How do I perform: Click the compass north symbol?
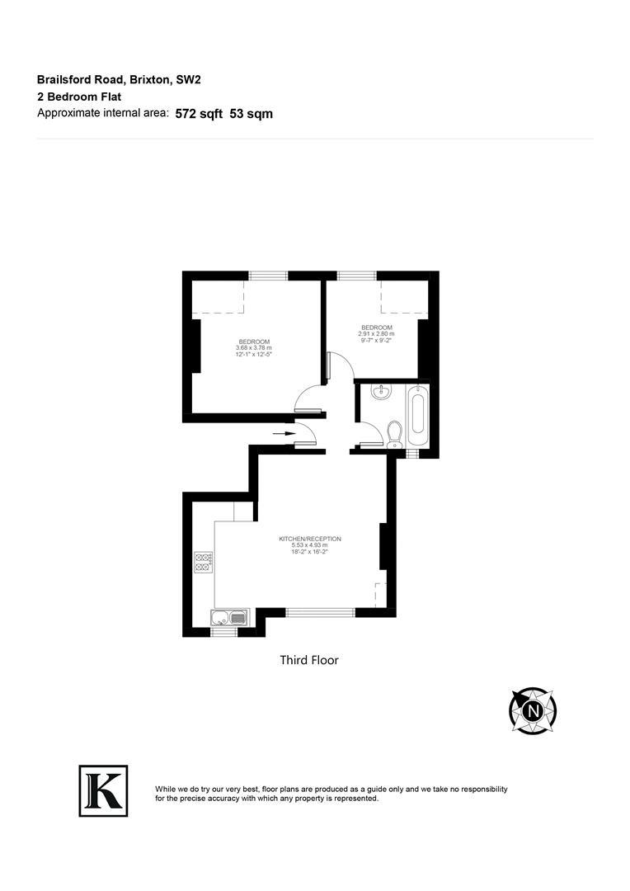(533, 709)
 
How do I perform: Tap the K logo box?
(103, 790)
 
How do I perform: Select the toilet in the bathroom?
(393, 432)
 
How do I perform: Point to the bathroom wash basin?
(381, 394)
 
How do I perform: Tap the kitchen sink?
(228, 617)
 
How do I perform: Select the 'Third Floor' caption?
(309, 660)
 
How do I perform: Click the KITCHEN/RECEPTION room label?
(310, 539)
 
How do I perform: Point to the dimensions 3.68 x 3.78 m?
(253, 348)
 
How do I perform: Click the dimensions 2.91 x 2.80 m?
(375, 333)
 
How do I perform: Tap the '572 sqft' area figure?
(199, 115)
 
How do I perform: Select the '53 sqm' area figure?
(252, 115)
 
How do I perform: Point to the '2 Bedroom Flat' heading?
(79, 97)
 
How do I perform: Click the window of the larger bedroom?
(264, 276)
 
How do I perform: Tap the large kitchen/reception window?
(321, 612)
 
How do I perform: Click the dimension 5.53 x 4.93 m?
(309, 545)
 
